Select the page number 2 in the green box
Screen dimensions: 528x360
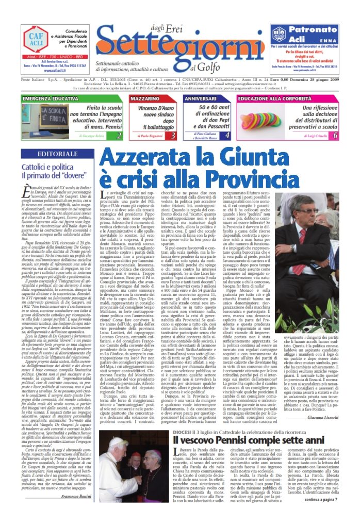click(x=119, y=136)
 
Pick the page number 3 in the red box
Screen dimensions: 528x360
click(x=173, y=136)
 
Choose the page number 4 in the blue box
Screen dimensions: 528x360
click(x=227, y=136)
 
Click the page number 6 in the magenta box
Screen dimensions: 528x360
click(x=335, y=136)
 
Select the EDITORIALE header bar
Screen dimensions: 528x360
click(x=58, y=154)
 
